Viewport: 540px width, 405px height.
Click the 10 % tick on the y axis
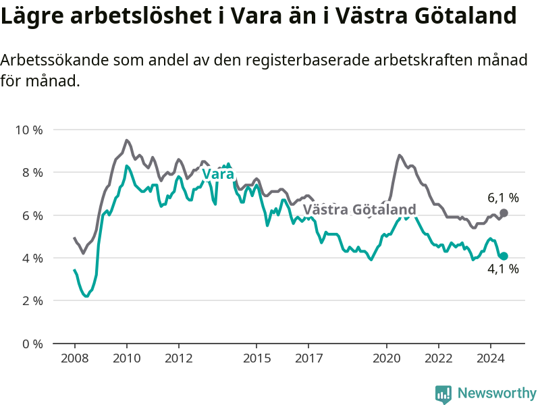(x=29, y=130)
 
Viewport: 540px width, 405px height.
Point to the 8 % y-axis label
(x=32, y=173)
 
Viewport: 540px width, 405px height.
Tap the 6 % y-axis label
(x=32, y=215)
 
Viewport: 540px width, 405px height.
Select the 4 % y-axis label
(x=32, y=259)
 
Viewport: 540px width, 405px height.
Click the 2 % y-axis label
(x=32, y=301)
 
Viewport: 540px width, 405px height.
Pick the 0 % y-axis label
(x=32, y=344)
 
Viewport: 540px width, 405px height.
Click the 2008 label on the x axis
(x=75, y=358)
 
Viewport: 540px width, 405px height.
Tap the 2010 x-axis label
(x=127, y=358)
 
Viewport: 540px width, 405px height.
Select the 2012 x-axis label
(x=179, y=358)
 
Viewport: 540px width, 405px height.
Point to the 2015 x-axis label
(x=257, y=358)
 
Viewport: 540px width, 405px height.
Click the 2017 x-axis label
(x=309, y=358)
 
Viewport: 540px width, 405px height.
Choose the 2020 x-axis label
(x=387, y=358)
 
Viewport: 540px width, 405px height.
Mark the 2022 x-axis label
(x=439, y=358)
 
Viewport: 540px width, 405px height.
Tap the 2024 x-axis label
(x=491, y=358)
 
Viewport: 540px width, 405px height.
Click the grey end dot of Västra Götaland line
(x=504, y=213)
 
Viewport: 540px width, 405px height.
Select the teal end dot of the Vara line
(x=504, y=256)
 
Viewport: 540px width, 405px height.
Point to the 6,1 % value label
(x=503, y=198)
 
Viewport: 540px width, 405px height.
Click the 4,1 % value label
(x=503, y=269)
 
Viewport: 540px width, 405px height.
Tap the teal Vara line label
(x=218, y=174)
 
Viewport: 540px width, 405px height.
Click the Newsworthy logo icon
(x=443, y=394)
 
